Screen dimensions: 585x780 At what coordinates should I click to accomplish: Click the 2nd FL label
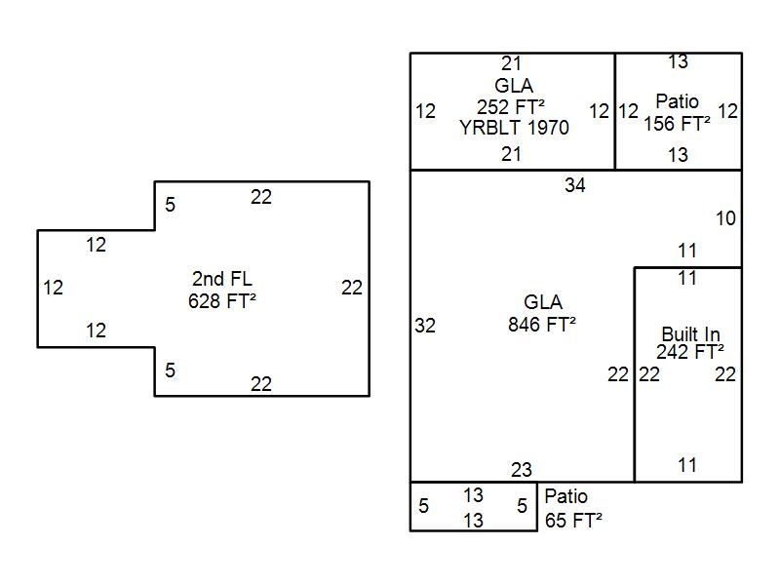tap(222, 280)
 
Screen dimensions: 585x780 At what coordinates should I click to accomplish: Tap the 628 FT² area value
tap(222, 301)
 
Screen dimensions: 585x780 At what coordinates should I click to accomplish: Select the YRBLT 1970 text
tap(514, 128)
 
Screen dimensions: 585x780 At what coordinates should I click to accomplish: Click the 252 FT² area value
tap(511, 106)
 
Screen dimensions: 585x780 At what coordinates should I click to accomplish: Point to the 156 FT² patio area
tap(677, 124)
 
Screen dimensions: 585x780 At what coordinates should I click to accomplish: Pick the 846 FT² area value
tap(542, 325)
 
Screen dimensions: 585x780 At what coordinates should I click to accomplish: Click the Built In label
tap(690, 334)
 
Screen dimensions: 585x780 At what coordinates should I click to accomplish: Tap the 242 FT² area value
tap(690, 352)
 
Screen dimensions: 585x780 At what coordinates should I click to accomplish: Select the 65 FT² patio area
tap(573, 520)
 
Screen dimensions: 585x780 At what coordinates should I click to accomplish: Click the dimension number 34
tap(575, 184)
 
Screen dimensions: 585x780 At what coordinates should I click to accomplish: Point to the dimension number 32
tap(425, 326)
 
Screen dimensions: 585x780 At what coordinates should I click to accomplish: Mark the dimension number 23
tap(522, 470)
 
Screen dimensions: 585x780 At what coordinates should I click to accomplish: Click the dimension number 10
tap(725, 218)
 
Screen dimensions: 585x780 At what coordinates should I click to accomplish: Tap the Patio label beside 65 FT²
tap(565, 496)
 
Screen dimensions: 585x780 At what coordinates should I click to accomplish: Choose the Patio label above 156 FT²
tap(677, 101)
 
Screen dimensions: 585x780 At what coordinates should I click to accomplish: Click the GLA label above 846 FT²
tap(542, 303)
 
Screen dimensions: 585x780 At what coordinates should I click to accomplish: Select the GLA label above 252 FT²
tap(513, 86)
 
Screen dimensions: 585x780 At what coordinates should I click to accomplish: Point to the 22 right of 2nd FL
tap(352, 288)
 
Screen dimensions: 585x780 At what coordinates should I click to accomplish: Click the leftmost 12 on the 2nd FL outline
tap(54, 288)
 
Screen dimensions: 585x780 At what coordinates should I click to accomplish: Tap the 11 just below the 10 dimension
tap(687, 252)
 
